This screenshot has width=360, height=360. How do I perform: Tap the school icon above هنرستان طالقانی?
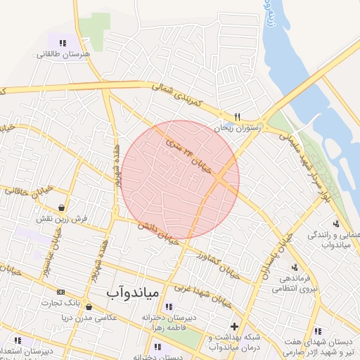[x=63, y=44]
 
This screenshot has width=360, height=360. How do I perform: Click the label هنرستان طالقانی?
[x=63, y=53]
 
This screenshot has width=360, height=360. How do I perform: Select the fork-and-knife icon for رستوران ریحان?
[x=238, y=117]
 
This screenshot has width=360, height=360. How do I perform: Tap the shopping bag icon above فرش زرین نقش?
[x=64, y=208]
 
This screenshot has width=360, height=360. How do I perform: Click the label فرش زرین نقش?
[x=64, y=219]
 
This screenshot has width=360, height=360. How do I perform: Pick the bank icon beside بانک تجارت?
[x=60, y=292]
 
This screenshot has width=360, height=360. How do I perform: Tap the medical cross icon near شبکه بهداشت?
[x=234, y=327]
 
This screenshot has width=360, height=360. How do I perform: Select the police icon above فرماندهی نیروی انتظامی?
[x=294, y=267]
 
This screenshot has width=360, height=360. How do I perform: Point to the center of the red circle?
[x=180, y=179]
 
